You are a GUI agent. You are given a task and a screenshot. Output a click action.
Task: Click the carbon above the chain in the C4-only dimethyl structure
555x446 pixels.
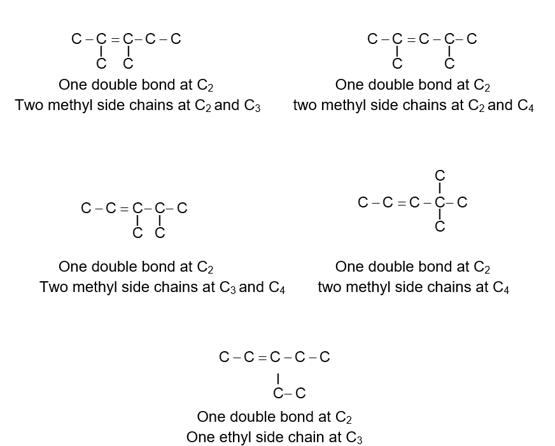tap(440, 176)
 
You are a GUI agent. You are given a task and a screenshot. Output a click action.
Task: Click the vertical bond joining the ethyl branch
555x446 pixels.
tap(278, 379)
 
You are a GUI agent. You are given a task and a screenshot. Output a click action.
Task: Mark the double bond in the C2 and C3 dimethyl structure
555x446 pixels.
tap(115, 39)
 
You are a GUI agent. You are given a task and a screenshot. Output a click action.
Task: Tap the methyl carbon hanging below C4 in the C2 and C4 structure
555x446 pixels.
tap(449, 64)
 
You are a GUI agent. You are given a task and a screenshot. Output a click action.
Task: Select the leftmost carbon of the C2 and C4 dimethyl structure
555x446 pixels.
tap(372, 39)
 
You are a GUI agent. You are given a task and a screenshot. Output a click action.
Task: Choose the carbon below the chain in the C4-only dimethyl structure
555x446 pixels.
tap(440, 226)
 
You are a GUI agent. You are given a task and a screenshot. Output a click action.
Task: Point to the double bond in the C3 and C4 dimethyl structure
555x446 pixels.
tap(124, 209)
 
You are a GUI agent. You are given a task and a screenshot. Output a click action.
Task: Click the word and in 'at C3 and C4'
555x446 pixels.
tap(251, 287)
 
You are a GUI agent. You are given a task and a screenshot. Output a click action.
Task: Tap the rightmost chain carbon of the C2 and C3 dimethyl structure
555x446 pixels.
tap(176, 39)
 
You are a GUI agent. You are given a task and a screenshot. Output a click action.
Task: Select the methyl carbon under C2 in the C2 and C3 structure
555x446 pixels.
tap(101, 64)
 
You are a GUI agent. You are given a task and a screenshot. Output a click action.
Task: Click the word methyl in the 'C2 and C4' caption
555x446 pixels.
tap(343, 106)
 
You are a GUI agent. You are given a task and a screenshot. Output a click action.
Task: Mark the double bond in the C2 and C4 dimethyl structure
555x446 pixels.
tap(411, 39)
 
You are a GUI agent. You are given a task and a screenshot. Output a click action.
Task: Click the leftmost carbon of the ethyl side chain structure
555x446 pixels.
tap(225, 357)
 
